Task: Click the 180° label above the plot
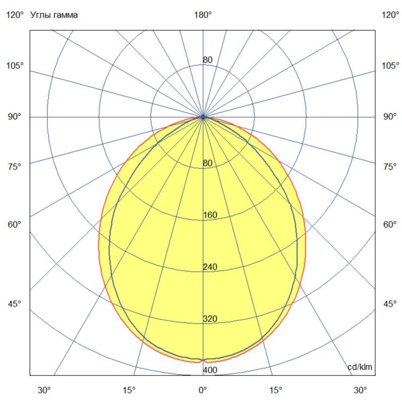[x=203, y=15]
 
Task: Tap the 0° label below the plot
[x=203, y=390]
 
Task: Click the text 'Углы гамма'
[x=54, y=15]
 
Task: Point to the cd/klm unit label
[x=360, y=367]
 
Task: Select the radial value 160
[x=210, y=216]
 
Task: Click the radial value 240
[x=210, y=267]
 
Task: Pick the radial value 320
[x=210, y=319]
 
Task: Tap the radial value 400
[x=210, y=371]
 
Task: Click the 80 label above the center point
[x=208, y=60]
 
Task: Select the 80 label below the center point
[x=208, y=163]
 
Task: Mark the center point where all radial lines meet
[x=203, y=117]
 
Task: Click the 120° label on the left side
[x=15, y=15]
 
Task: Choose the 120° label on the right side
[x=390, y=15]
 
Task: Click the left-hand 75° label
[x=15, y=167]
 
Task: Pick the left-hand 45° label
[x=15, y=304]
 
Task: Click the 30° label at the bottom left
[x=45, y=390]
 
